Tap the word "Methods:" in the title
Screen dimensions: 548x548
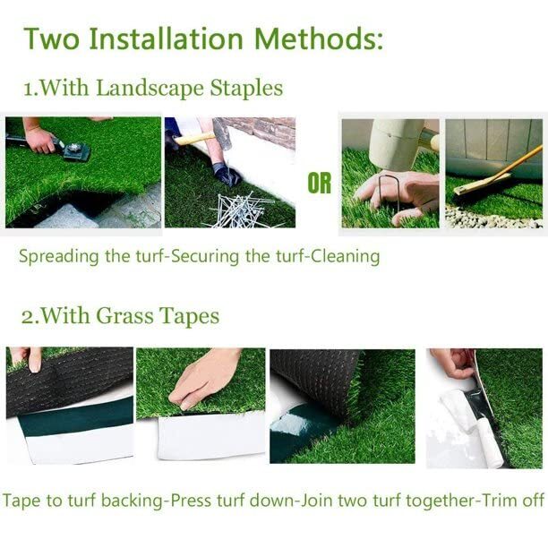pos(320,39)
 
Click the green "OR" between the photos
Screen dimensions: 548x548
pos(320,184)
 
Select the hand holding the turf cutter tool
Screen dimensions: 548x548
pos(40,139)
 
